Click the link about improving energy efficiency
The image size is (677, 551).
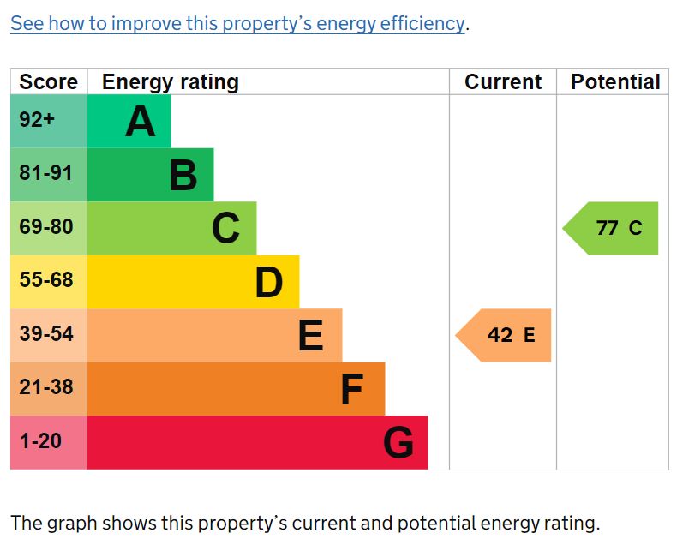click(238, 23)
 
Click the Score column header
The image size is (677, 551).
click(48, 82)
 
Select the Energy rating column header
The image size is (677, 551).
click(170, 82)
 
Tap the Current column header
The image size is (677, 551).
click(503, 82)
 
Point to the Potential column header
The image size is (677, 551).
click(615, 82)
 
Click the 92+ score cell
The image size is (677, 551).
click(37, 120)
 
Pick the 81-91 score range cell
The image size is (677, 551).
click(46, 173)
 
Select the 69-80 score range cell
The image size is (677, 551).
click(46, 227)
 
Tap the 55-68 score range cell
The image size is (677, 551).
click(46, 280)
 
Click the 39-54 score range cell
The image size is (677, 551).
click(46, 334)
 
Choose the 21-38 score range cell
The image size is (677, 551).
click(46, 387)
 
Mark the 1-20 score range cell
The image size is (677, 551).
click(40, 441)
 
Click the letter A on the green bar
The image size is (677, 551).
click(141, 122)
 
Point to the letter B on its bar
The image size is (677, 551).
click(183, 176)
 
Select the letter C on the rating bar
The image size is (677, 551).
click(226, 229)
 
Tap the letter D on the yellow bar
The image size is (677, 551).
click(269, 283)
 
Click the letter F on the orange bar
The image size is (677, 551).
click(352, 390)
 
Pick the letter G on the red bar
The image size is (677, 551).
click(398, 443)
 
